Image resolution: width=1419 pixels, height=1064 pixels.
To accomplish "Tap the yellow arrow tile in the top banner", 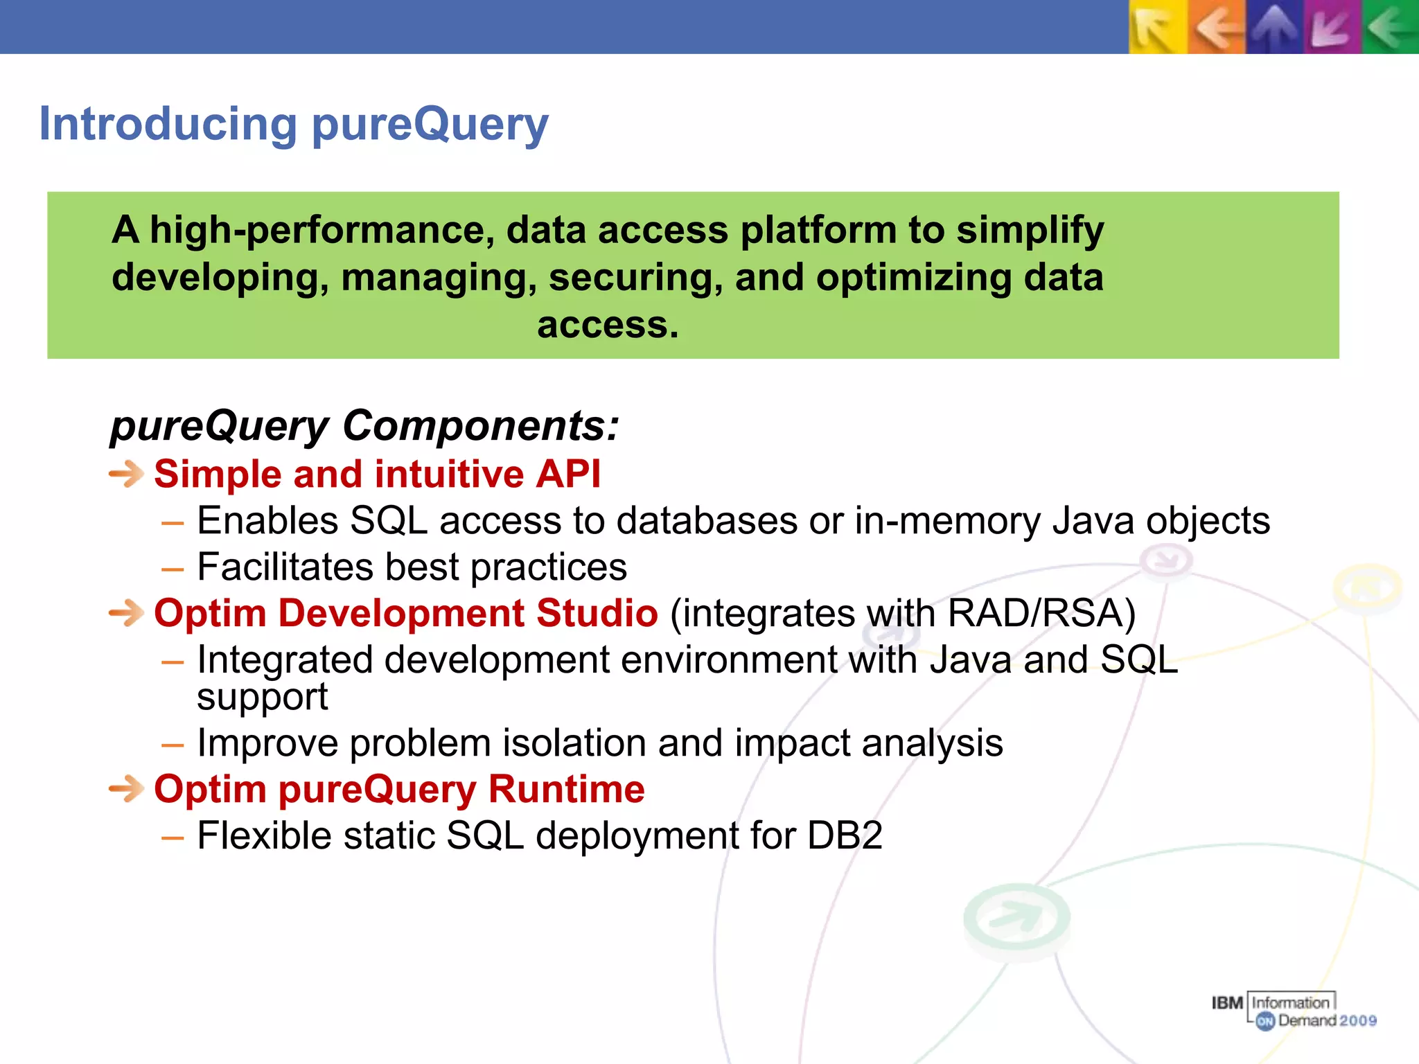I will [1157, 28].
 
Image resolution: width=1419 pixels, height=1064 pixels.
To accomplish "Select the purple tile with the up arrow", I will [1273, 28].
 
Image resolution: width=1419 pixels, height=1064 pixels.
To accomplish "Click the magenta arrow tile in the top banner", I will [1331, 28].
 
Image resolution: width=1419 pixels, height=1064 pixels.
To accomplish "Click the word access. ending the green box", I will [608, 325].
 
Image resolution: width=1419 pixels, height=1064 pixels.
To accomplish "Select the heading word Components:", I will [480, 425].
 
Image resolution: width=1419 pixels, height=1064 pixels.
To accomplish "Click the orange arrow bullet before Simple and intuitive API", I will [126, 475].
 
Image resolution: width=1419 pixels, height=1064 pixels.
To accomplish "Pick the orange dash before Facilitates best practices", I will [173, 569].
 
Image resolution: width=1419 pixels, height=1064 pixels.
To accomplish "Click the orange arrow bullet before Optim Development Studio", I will [126, 614].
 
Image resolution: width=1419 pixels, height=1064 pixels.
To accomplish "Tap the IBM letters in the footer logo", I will [1226, 1003].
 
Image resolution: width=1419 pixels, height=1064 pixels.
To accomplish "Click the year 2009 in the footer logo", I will [1357, 1020].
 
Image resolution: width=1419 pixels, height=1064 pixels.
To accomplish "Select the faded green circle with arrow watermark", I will [1016, 918].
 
